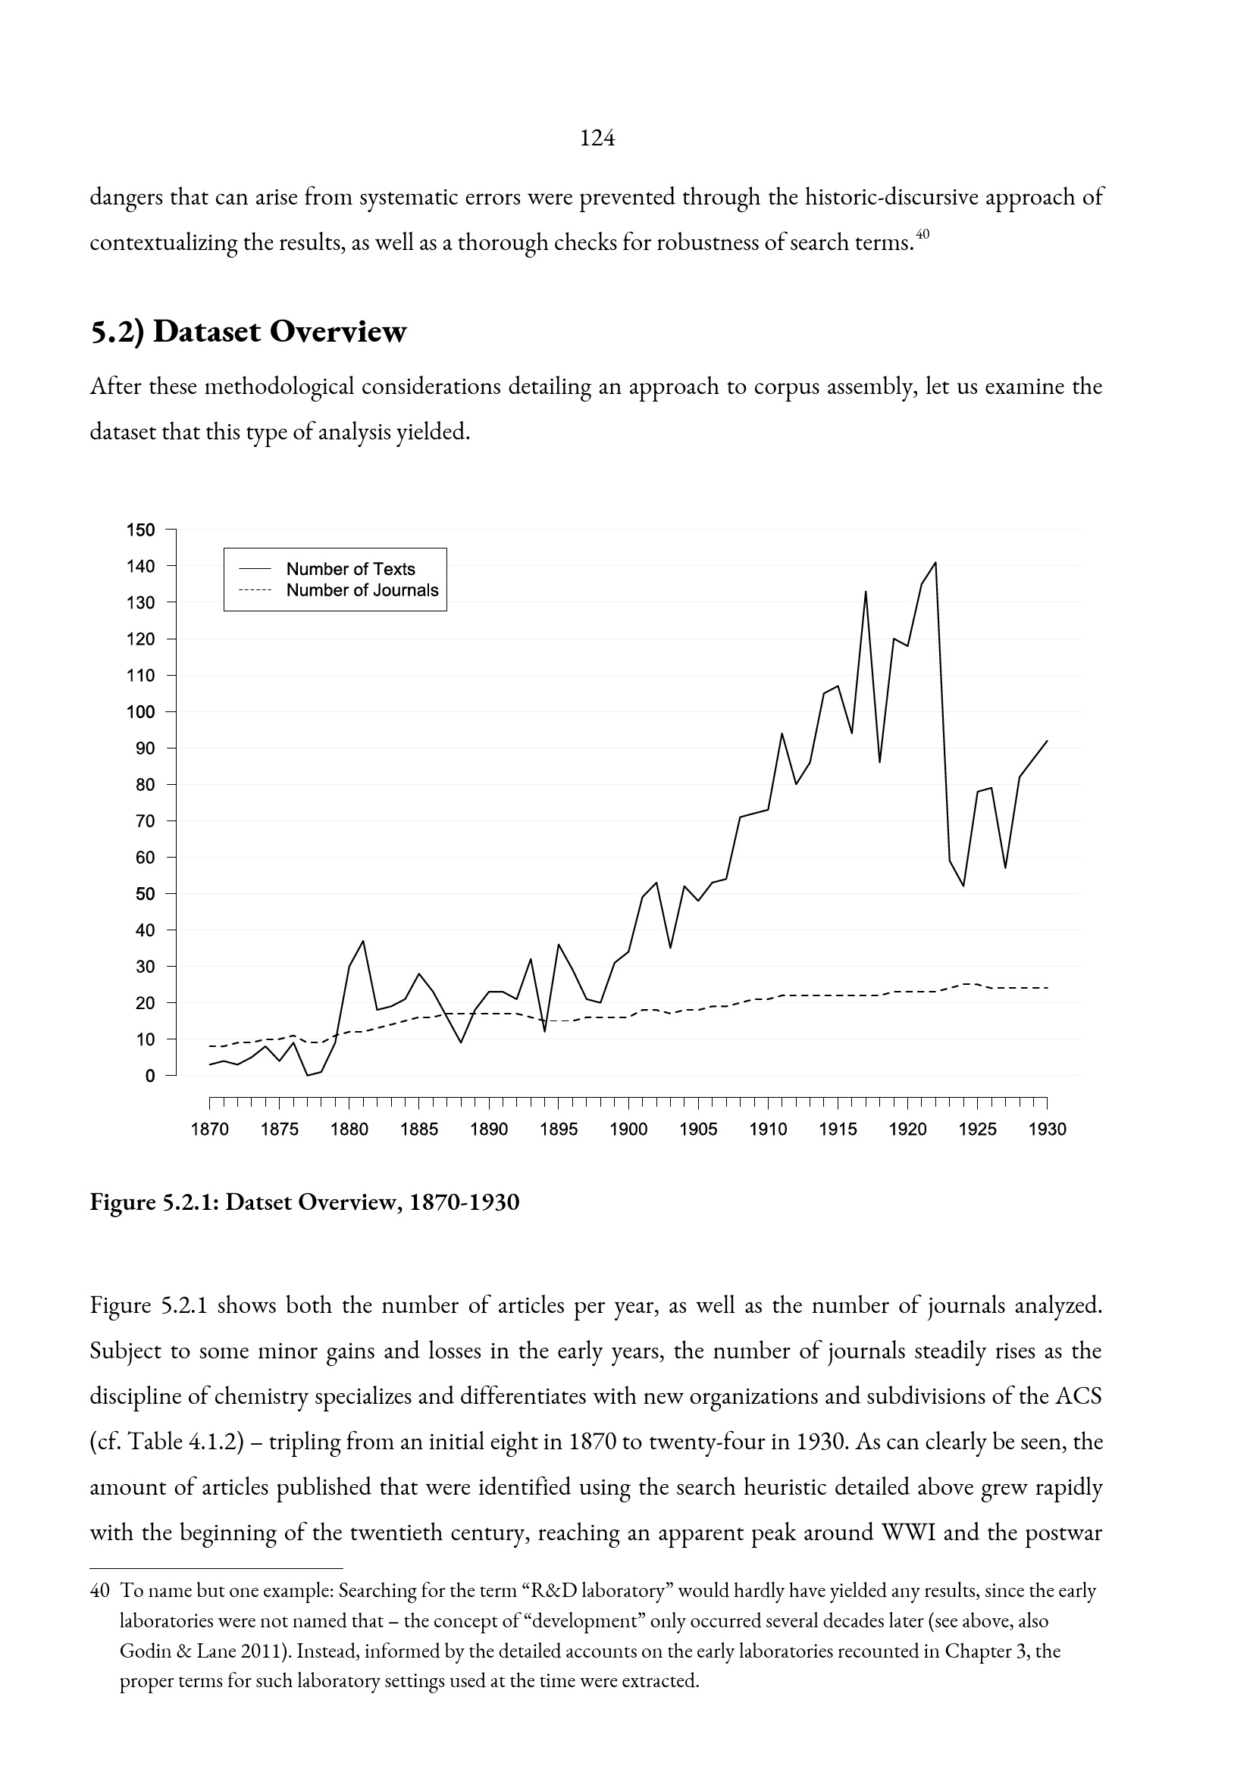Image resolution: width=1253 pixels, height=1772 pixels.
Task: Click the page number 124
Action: pos(597,138)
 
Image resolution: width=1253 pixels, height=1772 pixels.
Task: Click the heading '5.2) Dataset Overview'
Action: pos(248,332)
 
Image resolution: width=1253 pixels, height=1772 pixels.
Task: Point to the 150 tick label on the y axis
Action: pos(140,530)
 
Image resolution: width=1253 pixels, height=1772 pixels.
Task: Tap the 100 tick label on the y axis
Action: pos(140,711)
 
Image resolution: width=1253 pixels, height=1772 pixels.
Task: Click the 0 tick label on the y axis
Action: pos(150,1076)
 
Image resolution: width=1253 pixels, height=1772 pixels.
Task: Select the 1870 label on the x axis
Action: pos(210,1130)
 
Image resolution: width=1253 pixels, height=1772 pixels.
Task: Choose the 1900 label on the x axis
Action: pos(628,1130)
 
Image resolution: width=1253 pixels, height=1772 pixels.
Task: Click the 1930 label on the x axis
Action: pos(1048,1130)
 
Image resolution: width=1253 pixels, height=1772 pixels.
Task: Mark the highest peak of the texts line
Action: pos(935,563)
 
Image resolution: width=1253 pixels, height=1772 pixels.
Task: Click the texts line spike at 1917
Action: pos(866,592)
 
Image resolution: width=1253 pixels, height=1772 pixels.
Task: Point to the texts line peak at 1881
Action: pos(363,941)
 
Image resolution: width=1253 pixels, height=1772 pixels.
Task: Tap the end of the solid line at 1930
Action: pos(1048,741)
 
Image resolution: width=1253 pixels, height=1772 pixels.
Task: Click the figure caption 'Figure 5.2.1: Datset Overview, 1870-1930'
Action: pos(305,1202)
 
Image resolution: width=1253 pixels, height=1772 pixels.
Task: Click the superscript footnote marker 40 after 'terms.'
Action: pos(924,233)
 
